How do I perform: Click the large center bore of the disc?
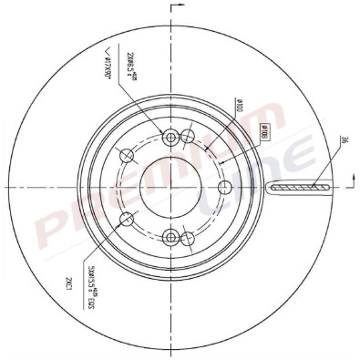point(170,188)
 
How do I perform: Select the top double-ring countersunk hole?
point(170,138)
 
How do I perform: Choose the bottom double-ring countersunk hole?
point(170,238)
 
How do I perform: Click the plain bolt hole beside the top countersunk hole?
point(188,137)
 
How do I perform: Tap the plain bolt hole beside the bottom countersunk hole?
point(188,239)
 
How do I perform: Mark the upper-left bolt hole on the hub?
point(128,158)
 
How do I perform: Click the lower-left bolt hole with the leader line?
point(128,218)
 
